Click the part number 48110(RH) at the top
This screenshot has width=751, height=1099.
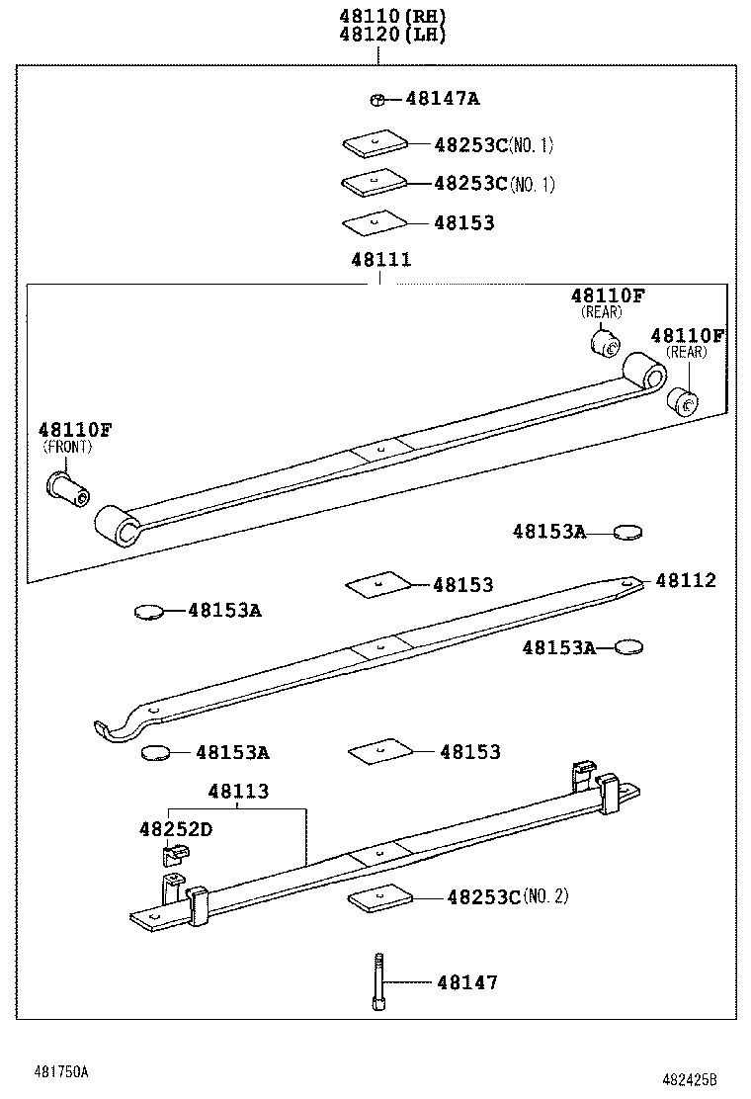point(378,16)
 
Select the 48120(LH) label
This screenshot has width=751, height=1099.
point(378,35)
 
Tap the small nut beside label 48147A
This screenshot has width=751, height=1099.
point(376,99)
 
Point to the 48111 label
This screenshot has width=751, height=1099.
point(380,260)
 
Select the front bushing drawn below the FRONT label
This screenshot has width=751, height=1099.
point(67,485)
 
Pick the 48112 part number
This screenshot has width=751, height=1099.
point(685,580)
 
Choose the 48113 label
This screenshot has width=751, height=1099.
point(238,792)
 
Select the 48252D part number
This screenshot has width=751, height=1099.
point(175,829)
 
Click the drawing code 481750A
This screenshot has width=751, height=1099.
point(61,1071)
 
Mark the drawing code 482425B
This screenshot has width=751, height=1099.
point(689,1079)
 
